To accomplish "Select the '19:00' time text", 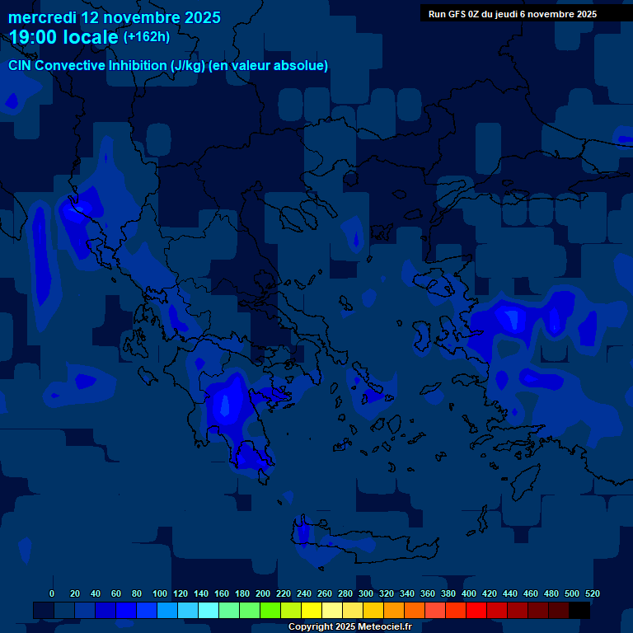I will tap(35, 37).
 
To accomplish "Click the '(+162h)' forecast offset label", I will tap(147, 36).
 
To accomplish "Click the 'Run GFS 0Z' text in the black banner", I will tap(456, 14).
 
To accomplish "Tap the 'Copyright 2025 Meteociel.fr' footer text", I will tap(349, 627).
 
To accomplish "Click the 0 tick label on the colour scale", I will tap(52, 593).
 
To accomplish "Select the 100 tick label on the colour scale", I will tap(160, 593).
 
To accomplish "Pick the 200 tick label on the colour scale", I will tap(263, 593).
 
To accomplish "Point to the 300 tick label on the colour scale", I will tap(366, 593).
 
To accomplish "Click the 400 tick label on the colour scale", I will tap(469, 593).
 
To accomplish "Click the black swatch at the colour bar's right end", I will tap(579, 611).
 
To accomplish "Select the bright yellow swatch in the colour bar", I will tap(312, 611).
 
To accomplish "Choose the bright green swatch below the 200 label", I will tap(270, 611).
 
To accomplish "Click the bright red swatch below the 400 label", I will tap(476, 611).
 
